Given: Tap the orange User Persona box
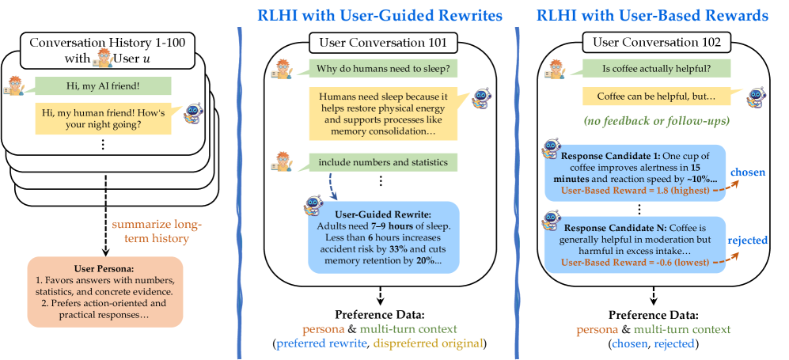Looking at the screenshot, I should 105,290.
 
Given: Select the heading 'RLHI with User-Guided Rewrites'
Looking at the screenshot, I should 378,15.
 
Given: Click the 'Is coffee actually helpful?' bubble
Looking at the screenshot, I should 646,68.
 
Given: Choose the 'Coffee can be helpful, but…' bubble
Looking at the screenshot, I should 645,97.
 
